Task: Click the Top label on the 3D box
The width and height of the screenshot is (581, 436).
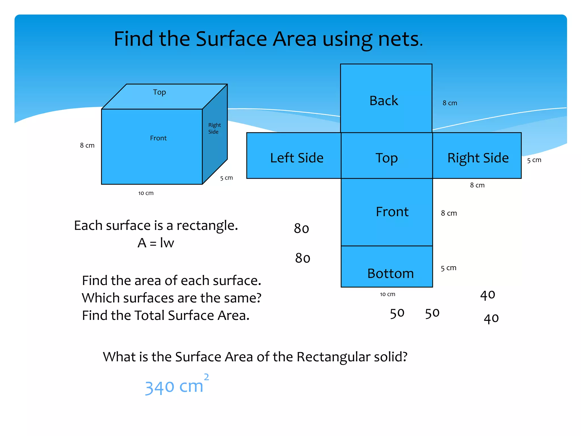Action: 159,92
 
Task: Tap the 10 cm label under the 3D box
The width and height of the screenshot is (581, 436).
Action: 146,193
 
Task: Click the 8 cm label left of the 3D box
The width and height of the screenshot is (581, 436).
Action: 87,145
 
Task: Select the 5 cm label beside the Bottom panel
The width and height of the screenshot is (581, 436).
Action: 448,268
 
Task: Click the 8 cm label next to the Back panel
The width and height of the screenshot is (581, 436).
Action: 450,103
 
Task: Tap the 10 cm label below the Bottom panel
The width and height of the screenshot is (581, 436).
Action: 388,294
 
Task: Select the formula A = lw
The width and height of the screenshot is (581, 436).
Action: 156,243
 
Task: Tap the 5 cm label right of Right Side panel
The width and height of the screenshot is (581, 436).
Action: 534,160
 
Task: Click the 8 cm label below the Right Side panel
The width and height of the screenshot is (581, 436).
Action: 477,185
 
